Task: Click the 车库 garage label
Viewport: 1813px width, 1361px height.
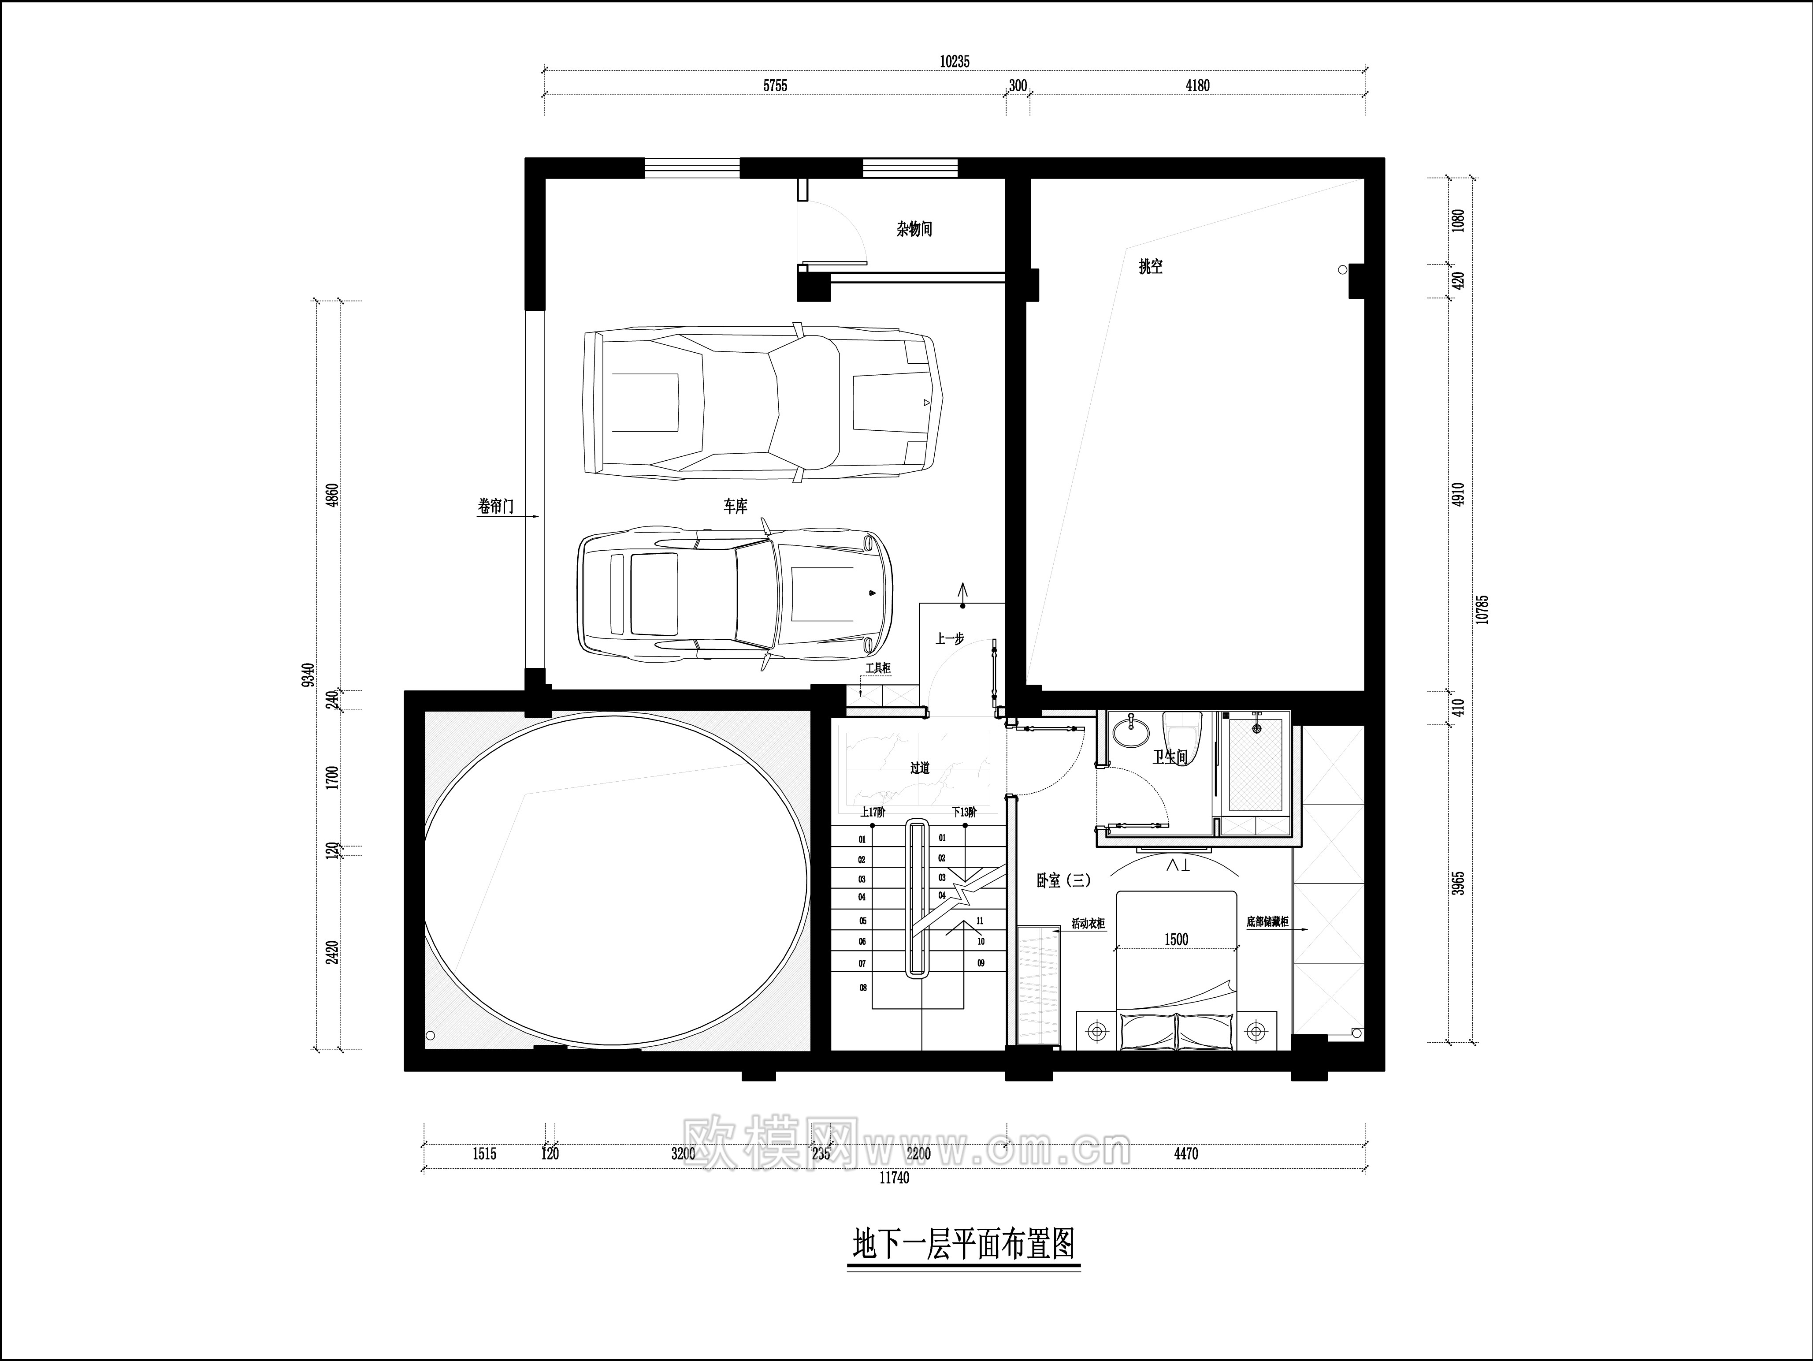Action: pyautogui.click(x=735, y=507)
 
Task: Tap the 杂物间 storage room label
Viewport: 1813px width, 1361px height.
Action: pyautogui.click(x=914, y=229)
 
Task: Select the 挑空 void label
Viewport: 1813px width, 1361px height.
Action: pyautogui.click(x=1150, y=266)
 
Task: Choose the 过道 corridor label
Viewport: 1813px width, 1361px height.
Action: pyautogui.click(x=920, y=768)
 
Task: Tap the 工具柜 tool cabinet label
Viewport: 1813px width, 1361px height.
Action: pyautogui.click(x=877, y=669)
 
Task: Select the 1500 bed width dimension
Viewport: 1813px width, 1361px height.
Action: pyautogui.click(x=1176, y=940)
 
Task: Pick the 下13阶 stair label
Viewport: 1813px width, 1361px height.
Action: pyautogui.click(x=964, y=813)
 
